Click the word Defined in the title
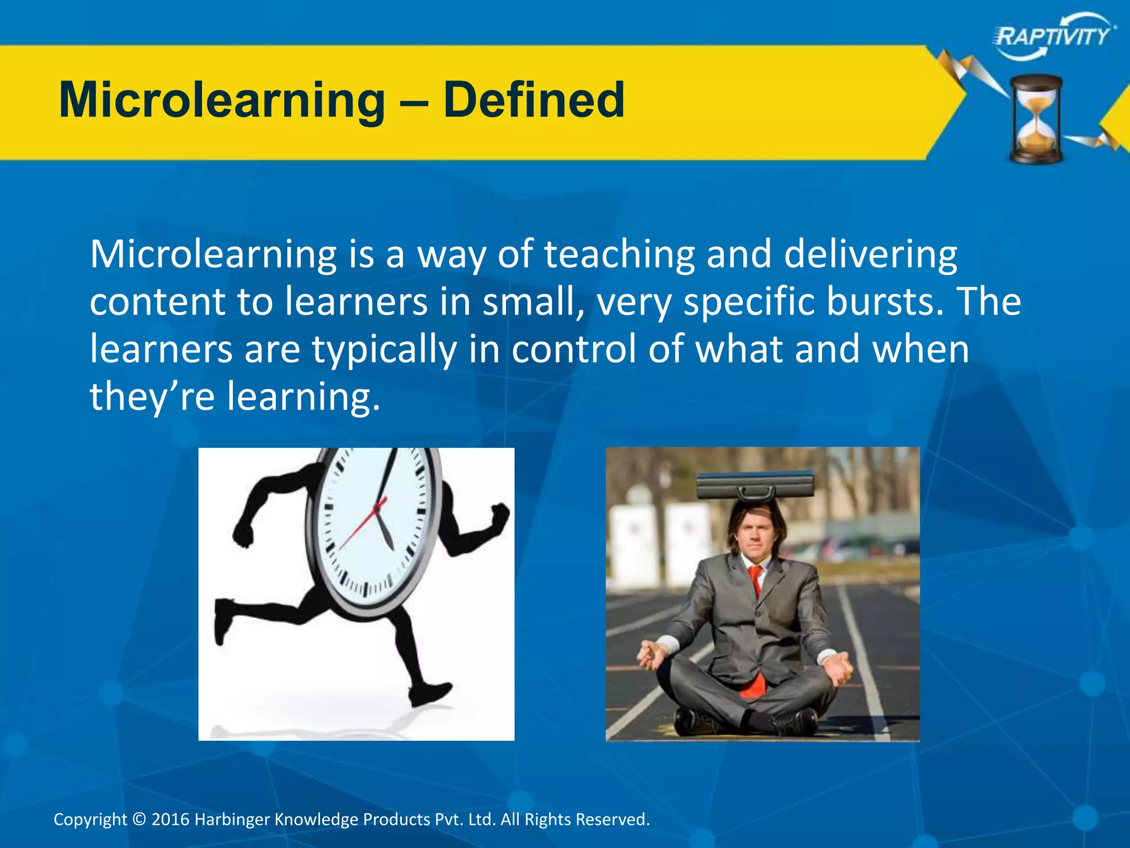tap(534, 100)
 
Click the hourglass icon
tap(1036, 119)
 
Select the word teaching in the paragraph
tap(619, 255)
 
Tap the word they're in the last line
tap(152, 396)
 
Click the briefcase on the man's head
tap(755, 486)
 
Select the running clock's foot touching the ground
tap(430, 695)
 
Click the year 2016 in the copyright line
tap(170, 819)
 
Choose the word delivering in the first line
tap(870, 255)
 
